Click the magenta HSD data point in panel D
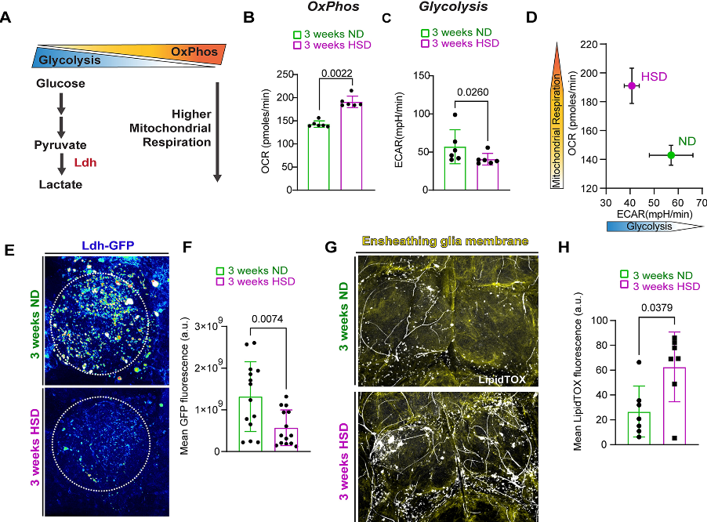click(631, 85)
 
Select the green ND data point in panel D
click(671, 155)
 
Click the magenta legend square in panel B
click(299, 47)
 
